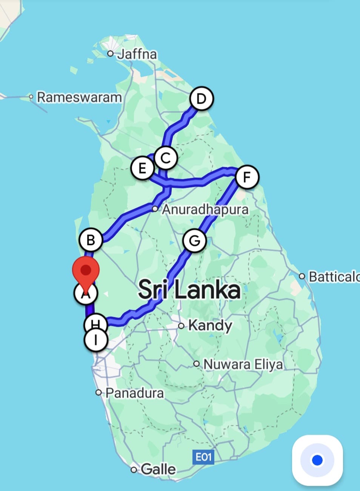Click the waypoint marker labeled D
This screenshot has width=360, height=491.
(202, 99)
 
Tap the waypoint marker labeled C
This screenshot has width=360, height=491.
(166, 158)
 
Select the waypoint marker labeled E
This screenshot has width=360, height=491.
(142, 168)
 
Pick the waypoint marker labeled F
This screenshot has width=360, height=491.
(247, 177)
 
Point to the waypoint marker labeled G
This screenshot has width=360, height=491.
(194, 241)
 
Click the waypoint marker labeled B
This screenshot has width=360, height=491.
(91, 240)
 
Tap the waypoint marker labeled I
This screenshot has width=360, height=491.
(96, 340)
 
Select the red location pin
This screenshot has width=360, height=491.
(86, 271)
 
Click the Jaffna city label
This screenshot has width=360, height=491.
(137, 54)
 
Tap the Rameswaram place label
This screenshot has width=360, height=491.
(79, 97)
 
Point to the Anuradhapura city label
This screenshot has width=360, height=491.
(205, 209)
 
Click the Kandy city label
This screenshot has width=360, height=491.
(210, 325)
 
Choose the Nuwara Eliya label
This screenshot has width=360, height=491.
(243, 364)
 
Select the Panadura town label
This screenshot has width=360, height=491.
(134, 393)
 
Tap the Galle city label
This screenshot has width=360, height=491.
(158, 469)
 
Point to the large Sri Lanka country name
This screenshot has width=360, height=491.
(189, 290)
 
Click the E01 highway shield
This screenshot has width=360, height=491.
(203, 457)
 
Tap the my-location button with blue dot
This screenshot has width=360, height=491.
(317, 460)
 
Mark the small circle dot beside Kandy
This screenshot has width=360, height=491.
(182, 326)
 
